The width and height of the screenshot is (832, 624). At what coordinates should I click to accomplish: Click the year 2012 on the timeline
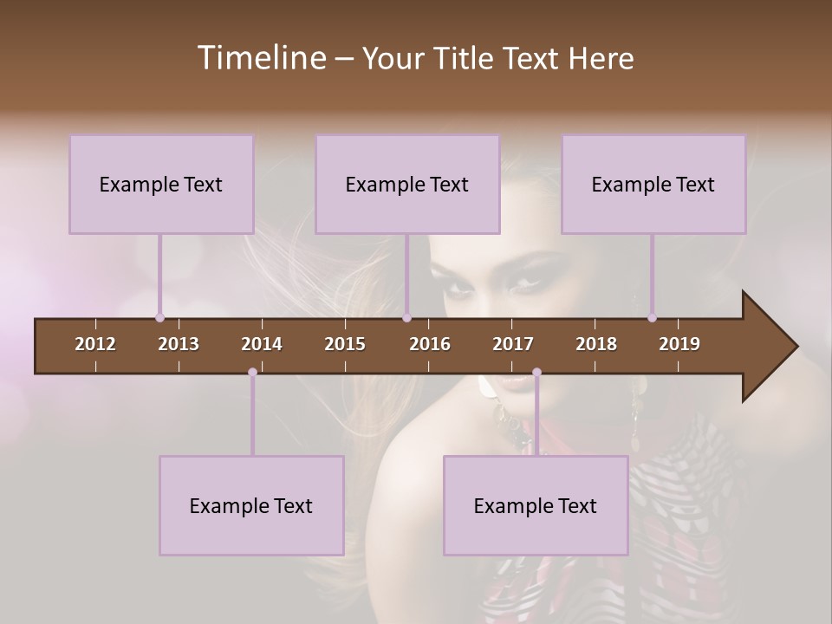[95, 344]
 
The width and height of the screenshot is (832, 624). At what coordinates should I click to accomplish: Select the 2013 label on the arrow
[179, 344]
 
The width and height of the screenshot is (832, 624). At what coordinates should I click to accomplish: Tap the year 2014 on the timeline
[262, 344]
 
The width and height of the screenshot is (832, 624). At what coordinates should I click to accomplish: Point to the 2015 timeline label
[345, 344]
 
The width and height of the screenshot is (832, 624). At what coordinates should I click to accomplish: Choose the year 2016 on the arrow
[430, 344]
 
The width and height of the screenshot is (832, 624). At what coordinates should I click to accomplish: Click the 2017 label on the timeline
[513, 344]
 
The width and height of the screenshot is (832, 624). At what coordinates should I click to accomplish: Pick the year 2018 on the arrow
[596, 344]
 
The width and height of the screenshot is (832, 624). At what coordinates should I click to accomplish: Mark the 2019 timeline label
[679, 344]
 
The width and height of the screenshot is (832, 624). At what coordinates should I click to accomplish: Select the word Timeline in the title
[261, 58]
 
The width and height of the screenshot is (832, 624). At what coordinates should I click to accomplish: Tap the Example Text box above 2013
[161, 184]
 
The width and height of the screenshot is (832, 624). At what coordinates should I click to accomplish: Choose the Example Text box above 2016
[407, 184]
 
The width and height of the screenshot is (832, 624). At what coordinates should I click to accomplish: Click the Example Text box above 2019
[653, 184]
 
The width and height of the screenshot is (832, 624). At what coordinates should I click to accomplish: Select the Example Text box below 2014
[251, 505]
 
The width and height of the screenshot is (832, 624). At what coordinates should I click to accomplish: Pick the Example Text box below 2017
[536, 505]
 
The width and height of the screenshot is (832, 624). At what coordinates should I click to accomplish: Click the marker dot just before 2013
[159, 317]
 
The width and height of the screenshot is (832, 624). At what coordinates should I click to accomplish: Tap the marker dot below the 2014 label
[252, 373]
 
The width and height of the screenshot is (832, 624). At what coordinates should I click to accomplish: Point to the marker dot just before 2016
[406, 317]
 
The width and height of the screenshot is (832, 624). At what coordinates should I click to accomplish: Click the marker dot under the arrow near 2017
[536, 373]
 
